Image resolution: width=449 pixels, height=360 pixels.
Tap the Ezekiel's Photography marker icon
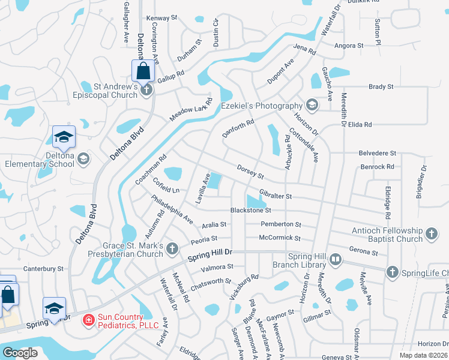coord(312,106)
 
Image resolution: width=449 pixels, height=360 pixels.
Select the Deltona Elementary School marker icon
coord(83,159)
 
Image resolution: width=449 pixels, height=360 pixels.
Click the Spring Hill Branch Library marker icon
coord(335,260)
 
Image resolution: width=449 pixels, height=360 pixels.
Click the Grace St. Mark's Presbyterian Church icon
coord(172,248)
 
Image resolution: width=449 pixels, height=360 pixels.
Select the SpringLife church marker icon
coord(392,272)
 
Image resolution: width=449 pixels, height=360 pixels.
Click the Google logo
coord(20,353)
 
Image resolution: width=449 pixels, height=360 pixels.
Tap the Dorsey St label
coord(250,172)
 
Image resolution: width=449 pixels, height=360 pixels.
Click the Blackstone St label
coord(252,211)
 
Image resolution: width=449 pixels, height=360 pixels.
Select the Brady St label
coord(381,86)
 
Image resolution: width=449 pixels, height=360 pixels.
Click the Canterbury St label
coord(43,268)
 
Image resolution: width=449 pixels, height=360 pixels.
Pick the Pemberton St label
coord(281,224)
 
